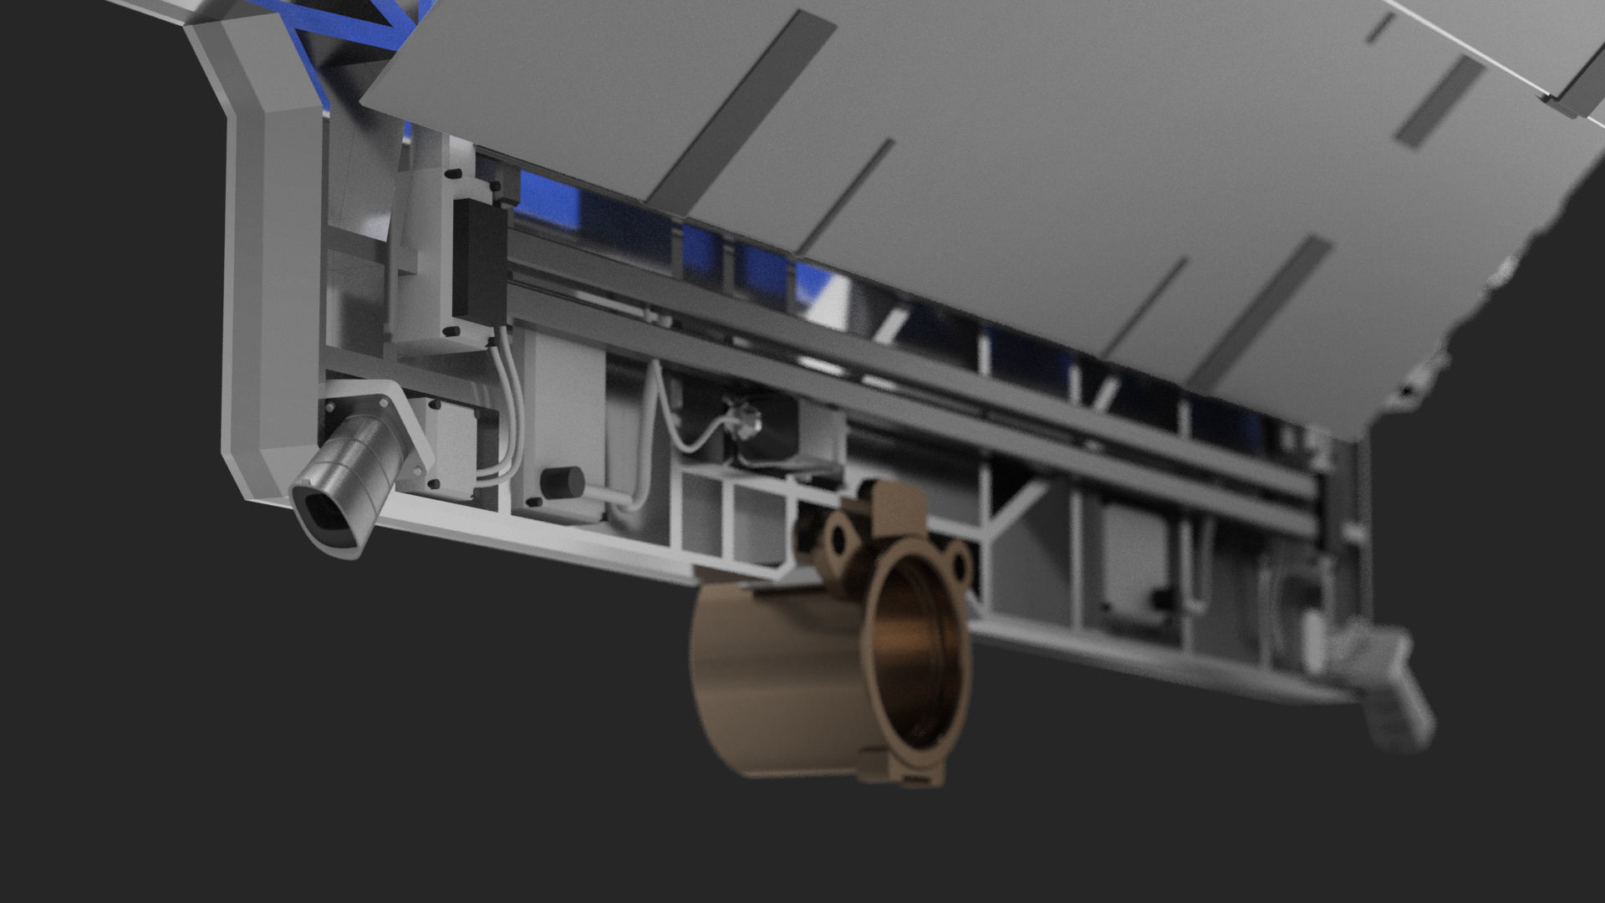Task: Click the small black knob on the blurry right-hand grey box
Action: pos(1159,597)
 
